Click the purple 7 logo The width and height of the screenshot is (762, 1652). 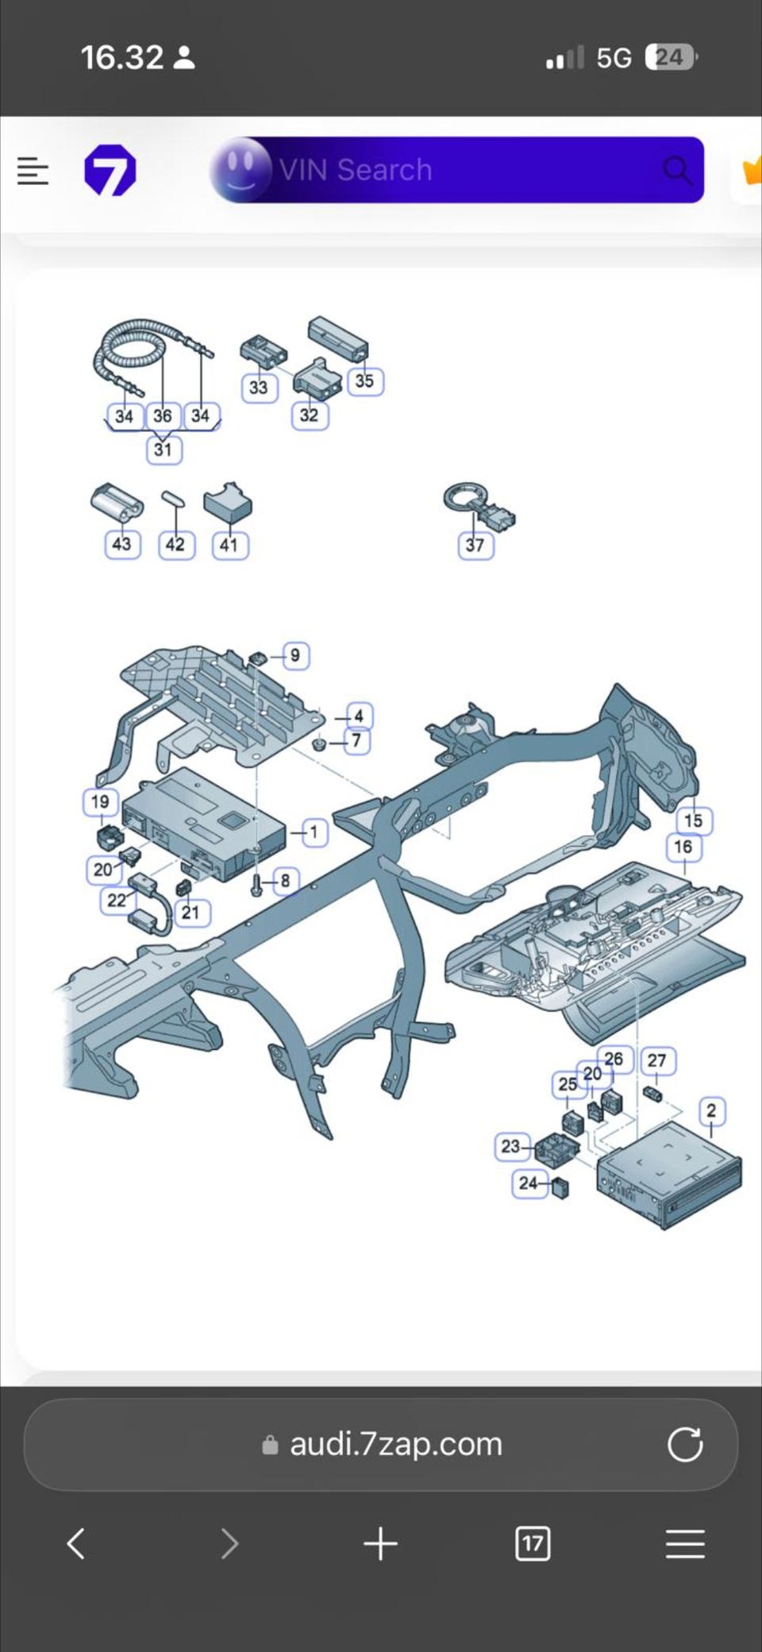[x=110, y=170]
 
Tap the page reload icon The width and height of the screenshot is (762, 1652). [x=685, y=1444]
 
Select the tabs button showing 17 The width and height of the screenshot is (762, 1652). [x=532, y=1544]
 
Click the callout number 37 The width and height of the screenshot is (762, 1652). [x=475, y=545]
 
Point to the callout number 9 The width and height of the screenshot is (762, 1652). [x=294, y=656]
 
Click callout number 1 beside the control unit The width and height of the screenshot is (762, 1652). [x=314, y=832]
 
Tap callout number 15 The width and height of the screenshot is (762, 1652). [x=694, y=820]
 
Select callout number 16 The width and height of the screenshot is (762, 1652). [x=683, y=847]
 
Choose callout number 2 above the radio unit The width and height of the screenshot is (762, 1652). [x=711, y=1110]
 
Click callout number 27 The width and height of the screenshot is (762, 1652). [x=656, y=1061]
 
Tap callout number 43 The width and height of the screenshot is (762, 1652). [x=121, y=544]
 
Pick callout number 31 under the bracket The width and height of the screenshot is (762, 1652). [x=163, y=450]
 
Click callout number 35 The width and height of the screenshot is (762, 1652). [x=364, y=381]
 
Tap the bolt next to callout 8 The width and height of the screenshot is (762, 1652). [x=256, y=885]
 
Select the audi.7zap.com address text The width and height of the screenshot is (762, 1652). [x=395, y=1444]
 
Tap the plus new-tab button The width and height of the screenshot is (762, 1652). [x=380, y=1544]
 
